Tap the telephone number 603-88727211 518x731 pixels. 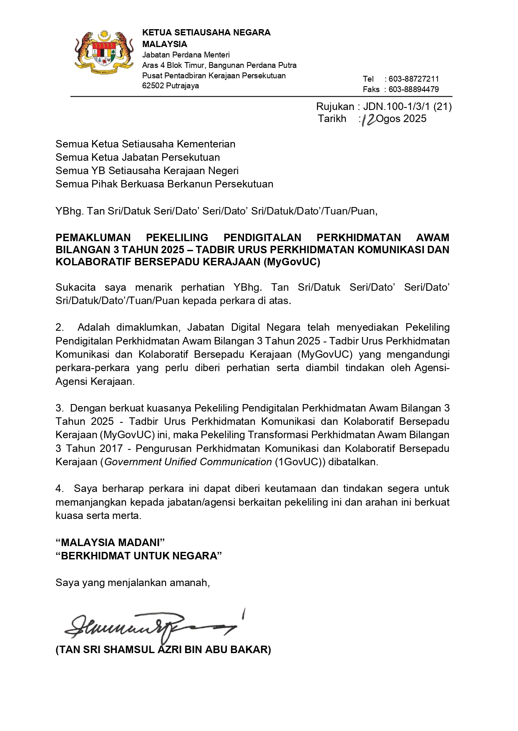[x=413, y=79]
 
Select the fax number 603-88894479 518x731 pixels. [x=413, y=89]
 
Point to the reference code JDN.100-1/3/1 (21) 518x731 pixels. [x=407, y=107]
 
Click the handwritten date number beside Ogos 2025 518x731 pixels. [x=369, y=120]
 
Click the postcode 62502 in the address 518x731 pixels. [x=153, y=86]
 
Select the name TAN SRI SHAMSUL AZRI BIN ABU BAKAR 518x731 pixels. [x=163, y=650]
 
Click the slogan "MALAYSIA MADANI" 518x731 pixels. [x=110, y=542]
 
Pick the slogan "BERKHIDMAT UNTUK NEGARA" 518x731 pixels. [x=138, y=556]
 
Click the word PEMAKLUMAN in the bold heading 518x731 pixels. [x=93, y=237]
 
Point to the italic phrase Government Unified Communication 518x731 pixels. [x=188, y=462]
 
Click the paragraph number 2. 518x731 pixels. [x=59, y=327]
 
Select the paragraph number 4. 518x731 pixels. [x=59, y=489]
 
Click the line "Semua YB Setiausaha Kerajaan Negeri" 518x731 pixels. [x=147, y=171]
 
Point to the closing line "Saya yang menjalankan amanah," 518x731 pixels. [x=133, y=582]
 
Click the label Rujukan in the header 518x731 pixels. [x=335, y=107]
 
